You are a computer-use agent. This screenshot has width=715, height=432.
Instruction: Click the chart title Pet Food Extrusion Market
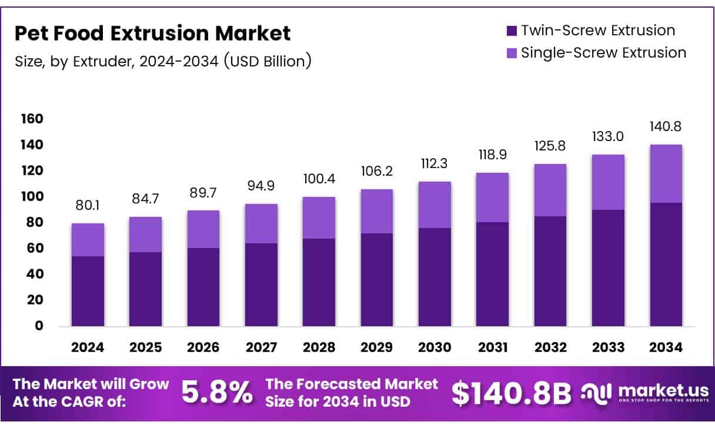click(152, 34)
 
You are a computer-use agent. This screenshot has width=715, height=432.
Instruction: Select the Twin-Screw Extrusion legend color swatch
click(511, 31)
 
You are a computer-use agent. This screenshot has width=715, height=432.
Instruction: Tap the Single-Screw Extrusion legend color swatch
click(511, 53)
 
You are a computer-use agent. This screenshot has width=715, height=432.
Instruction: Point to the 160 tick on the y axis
click(32, 119)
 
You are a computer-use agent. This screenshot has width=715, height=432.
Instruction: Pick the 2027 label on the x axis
click(261, 347)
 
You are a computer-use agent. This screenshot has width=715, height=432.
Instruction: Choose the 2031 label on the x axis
click(493, 347)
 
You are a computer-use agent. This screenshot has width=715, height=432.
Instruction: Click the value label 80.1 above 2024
click(88, 206)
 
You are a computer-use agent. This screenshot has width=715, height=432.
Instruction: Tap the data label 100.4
click(319, 179)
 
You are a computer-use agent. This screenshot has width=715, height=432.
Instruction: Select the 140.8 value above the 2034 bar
click(666, 126)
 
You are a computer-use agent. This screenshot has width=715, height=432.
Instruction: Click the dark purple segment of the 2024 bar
click(88, 291)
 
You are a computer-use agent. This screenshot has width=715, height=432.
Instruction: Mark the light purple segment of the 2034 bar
click(666, 173)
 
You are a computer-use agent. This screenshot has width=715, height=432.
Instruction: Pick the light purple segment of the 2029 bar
click(376, 211)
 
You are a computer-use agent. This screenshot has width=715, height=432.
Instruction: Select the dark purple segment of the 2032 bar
click(550, 271)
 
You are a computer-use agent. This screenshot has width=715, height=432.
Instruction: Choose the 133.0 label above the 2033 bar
click(608, 136)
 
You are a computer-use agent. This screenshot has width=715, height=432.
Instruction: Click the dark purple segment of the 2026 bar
click(203, 287)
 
